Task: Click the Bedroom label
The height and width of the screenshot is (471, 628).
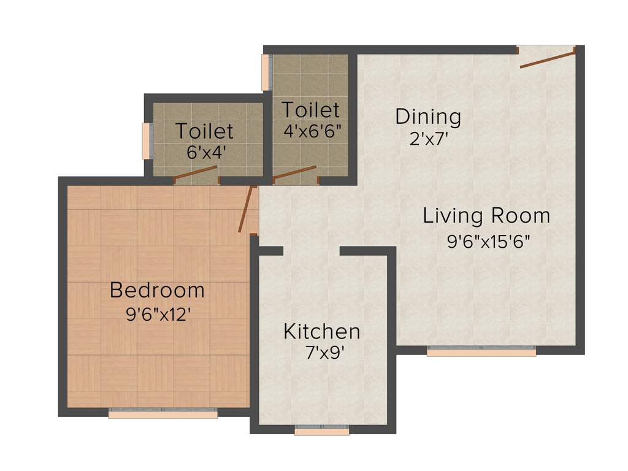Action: click(157, 290)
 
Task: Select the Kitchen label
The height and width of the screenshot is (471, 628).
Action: click(321, 332)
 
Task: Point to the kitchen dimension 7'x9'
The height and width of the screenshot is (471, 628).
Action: click(321, 354)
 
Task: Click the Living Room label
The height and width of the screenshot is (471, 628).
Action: click(486, 216)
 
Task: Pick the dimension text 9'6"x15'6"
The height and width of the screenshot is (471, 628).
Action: click(488, 241)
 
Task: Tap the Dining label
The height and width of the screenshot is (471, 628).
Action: click(428, 116)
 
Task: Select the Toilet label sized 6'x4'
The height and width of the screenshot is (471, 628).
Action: click(204, 131)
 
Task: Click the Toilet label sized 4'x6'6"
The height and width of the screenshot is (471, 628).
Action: click(310, 110)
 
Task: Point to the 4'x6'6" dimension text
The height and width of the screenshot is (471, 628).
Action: click(312, 131)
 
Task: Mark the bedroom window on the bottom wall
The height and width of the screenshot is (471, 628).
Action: click(163, 414)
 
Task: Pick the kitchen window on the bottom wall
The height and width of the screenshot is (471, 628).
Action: click(321, 431)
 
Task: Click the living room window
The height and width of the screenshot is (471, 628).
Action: click(481, 352)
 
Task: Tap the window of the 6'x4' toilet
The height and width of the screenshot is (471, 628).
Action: click(147, 141)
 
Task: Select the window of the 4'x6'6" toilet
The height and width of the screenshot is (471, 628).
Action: click(266, 72)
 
